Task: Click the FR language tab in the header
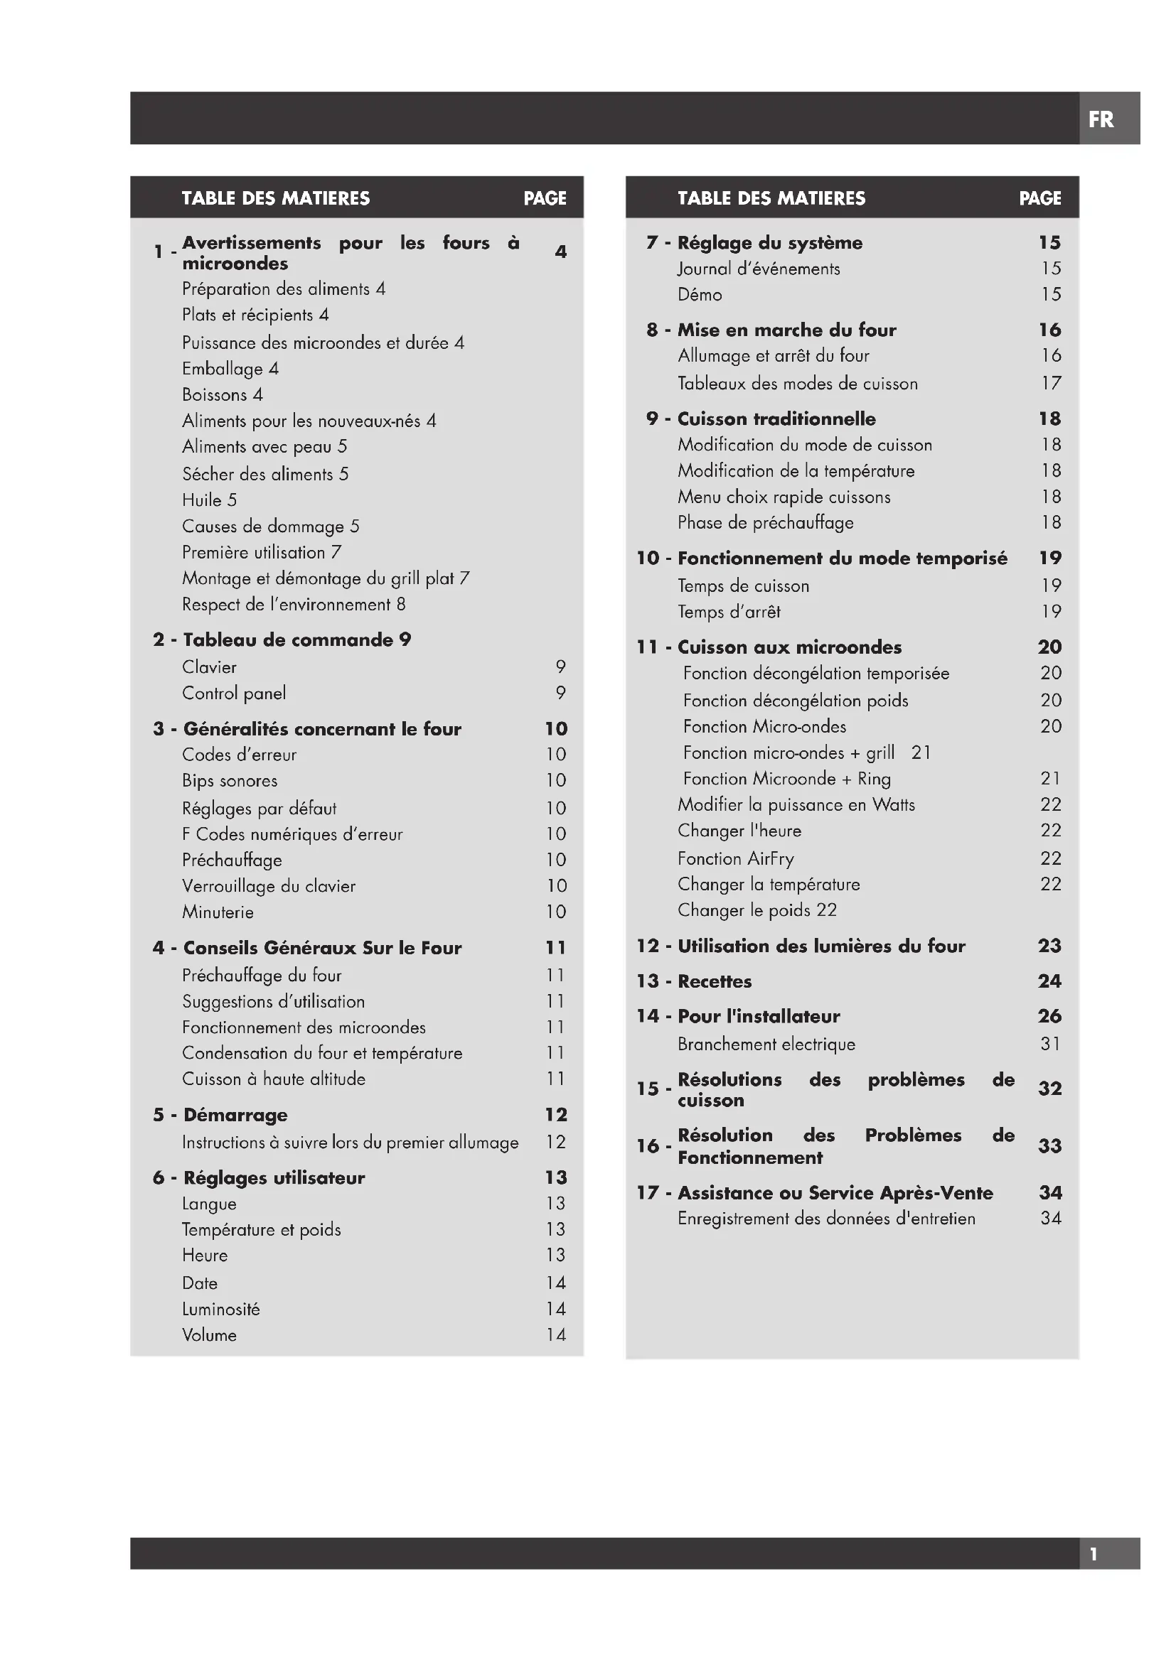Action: [x=1101, y=119]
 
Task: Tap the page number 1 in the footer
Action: [x=1094, y=1554]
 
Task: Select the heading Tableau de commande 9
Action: [x=297, y=640]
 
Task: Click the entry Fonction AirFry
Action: [x=736, y=858]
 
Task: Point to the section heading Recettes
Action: [x=715, y=981]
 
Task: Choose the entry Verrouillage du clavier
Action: [x=269, y=886]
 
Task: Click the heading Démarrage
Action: [x=235, y=1115]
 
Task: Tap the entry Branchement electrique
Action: [x=766, y=1044]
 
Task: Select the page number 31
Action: [x=1050, y=1044]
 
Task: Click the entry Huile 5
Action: [x=209, y=500]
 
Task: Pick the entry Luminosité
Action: [x=221, y=1309]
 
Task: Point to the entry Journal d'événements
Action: [x=759, y=269]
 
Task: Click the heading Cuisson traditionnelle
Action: [x=776, y=419]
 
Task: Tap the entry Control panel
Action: [x=234, y=694]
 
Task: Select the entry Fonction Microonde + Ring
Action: [x=787, y=779]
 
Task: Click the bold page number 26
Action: [x=1049, y=1016]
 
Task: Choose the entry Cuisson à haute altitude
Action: [x=274, y=1079]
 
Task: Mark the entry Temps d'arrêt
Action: [x=729, y=612]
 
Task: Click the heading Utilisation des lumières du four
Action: [x=821, y=946]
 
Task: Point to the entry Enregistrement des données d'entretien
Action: [x=826, y=1219]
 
